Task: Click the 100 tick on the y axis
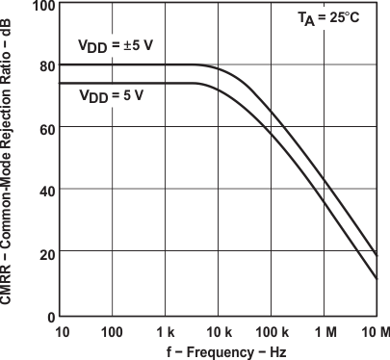41,5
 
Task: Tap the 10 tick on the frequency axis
61,332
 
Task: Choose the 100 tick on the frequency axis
113,332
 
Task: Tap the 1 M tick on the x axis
325,332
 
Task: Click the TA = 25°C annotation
335,20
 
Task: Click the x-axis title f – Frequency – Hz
219,351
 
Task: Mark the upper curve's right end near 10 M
377,255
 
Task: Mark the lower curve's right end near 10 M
377,279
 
